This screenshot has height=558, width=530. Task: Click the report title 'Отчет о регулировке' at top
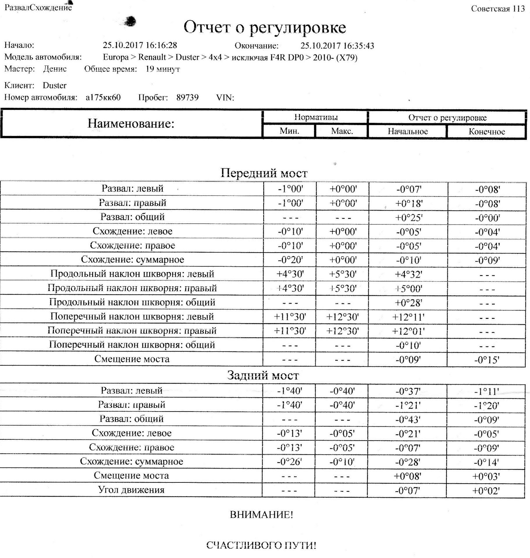point(264,28)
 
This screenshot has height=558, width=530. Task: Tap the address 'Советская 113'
point(498,9)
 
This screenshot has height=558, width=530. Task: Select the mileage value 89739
point(187,97)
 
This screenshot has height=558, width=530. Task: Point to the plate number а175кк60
point(103,97)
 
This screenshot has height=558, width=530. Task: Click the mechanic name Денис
point(55,69)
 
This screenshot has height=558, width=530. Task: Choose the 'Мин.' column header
point(289,131)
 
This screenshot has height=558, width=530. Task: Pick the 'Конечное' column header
point(486,132)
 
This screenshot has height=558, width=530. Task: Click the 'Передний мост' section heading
point(264,173)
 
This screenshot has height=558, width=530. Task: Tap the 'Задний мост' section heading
point(263,375)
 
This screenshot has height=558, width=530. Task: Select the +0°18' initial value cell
point(408,203)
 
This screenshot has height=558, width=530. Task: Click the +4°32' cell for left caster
point(408,274)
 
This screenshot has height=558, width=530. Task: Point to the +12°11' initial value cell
point(408,317)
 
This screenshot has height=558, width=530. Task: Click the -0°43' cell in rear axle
point(408,420)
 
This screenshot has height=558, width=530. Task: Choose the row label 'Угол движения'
point(131,490)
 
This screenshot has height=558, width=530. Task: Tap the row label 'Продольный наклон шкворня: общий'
point(132,302)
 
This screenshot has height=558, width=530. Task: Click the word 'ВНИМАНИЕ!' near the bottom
point(262,515)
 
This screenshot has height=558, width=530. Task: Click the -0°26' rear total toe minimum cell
point(289,462)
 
